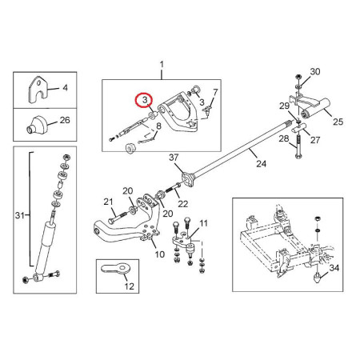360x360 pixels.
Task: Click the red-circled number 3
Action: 145,100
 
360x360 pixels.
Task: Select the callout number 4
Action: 66,87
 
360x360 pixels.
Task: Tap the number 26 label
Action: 65,120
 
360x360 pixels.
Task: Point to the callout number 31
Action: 20,215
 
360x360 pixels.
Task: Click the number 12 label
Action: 130,286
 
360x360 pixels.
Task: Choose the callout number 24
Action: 262,163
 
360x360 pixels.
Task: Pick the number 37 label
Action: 174,158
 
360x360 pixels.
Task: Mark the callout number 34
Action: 334,267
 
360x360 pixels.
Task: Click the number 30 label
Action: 315,71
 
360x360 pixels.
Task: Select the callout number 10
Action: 160,254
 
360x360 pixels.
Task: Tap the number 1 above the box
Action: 162,65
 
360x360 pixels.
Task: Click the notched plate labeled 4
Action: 38,90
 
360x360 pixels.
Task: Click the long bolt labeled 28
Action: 298,146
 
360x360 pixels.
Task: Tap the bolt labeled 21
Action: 118,218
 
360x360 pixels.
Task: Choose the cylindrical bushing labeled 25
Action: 315,110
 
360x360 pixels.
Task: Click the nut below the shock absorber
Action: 26,280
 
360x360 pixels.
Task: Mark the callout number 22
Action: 183,204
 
